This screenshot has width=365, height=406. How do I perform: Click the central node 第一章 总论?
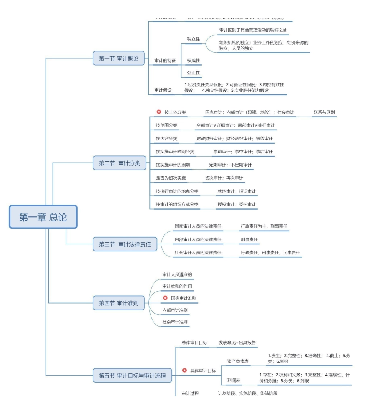point(43,217)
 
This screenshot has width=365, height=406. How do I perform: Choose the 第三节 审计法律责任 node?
point(125,244)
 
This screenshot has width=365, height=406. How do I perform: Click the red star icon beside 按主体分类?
point(159,112)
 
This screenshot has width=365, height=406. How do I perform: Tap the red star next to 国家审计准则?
point(165,298)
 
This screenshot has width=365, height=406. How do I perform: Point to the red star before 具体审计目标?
point(184,370)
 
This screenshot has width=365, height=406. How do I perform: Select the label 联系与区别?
point(324,112)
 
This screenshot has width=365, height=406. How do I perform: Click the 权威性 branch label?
point(193,61)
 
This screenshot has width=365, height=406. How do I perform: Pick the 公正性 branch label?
point(193,73)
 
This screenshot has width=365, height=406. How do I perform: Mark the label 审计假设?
point(163,90)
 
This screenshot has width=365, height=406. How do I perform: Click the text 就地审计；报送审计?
point(236,191)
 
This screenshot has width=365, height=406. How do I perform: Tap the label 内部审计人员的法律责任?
point(198,239)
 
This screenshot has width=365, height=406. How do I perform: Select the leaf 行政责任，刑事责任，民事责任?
point(270,253)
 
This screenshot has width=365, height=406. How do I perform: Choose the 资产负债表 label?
point(238,361)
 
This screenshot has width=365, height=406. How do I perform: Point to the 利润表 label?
point(234,380)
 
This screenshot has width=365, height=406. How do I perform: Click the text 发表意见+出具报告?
point(237,342)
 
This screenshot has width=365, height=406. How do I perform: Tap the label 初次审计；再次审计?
point(224,178)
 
